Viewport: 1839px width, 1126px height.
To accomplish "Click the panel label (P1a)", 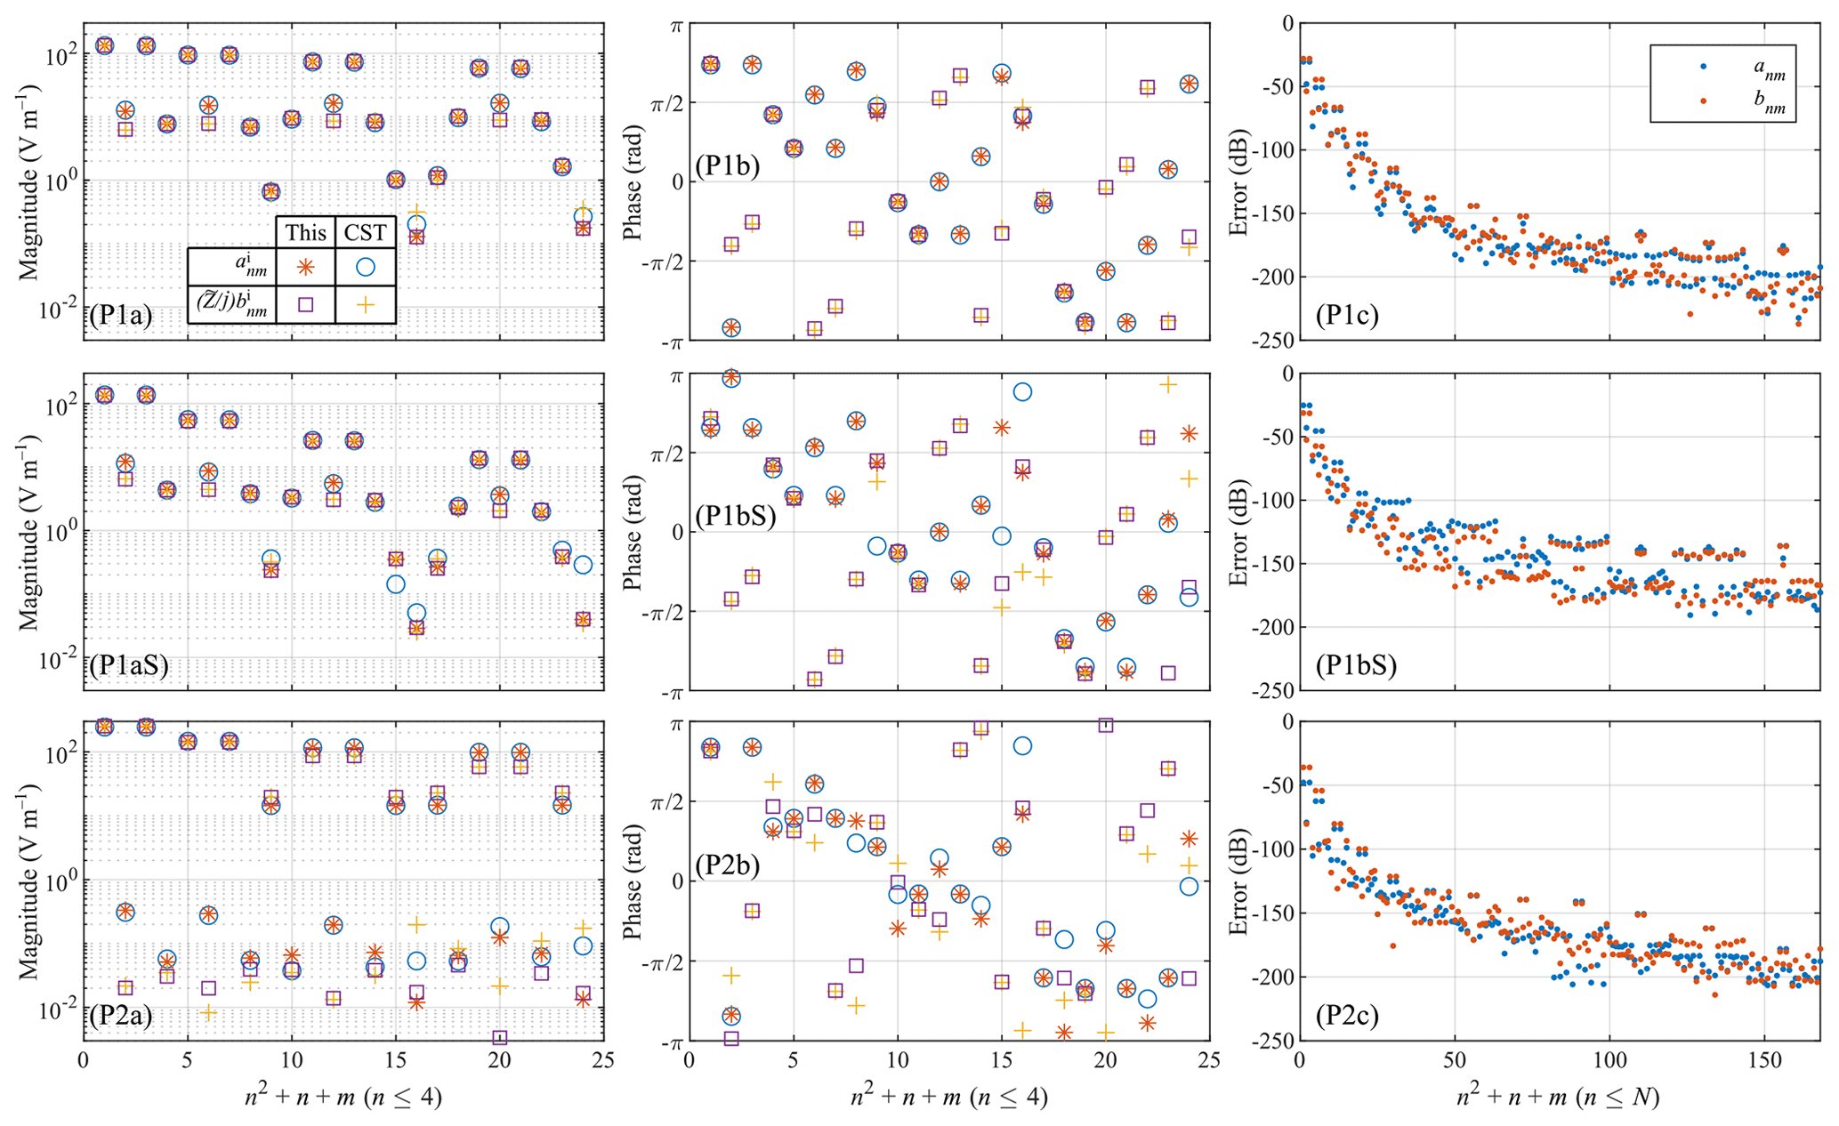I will [x=121, y=316].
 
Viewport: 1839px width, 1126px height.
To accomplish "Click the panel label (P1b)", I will [x=728, y=166].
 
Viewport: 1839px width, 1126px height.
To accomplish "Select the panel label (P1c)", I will [x=1347, y=316].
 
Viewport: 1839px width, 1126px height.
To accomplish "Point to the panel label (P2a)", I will [x=121, y=1015].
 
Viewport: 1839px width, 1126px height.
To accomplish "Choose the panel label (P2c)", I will [x=1347, y=1015].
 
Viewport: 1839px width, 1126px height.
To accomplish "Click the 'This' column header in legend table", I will [x=305, y=233].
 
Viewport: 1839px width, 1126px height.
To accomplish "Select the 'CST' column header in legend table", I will [x=366, y=233].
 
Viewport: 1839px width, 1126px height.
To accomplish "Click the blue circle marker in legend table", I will [x=366, y=266].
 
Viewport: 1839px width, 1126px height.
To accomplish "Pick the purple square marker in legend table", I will [x=305, y=304].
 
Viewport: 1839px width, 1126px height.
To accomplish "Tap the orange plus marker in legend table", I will [x=366, y=304].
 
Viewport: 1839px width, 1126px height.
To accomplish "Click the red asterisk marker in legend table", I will [x=305, y=266].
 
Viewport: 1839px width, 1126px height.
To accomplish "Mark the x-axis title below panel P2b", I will [x=948, y=1098].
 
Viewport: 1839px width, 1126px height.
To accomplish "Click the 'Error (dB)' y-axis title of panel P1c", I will [x=1238, y=182].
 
